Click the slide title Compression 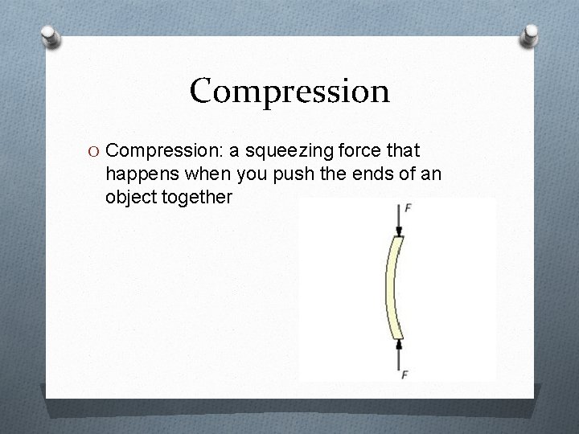click(x=289, y=91)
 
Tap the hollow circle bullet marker click(x=94, y=150)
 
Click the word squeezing click(x=282, y=150)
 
